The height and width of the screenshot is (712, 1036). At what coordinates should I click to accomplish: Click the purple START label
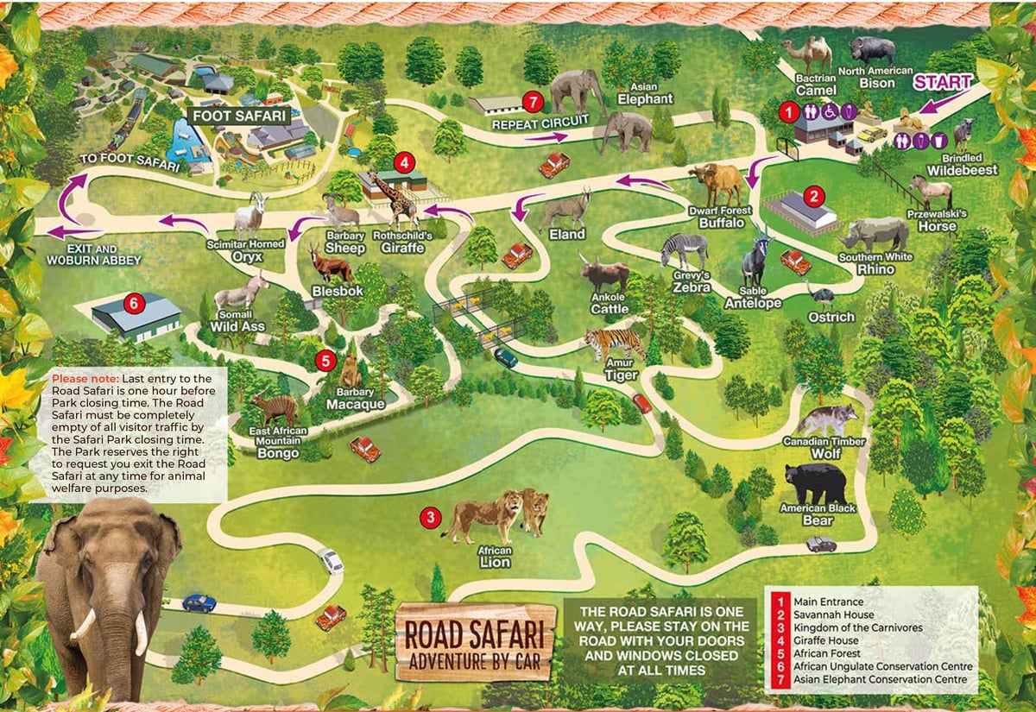point(943,83)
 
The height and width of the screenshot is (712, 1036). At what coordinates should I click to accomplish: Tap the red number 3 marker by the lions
point(429,518)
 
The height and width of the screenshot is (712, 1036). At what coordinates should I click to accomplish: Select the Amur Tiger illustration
point(614,343)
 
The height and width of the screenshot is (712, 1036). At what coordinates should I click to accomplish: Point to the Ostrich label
point(831,318)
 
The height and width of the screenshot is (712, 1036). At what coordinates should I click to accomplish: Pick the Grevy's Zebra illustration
point(684,249)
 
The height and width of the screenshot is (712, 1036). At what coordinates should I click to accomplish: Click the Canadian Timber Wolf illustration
point(828,419)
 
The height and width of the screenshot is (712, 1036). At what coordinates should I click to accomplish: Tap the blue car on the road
point(199,602)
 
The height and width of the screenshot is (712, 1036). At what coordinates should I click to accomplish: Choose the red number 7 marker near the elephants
point(534,102)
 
